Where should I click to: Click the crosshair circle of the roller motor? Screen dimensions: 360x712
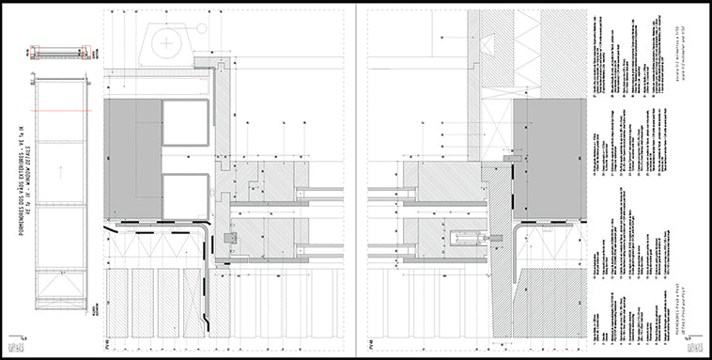(x=166, y=42)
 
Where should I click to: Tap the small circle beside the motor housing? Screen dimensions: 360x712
(x=199, y=29)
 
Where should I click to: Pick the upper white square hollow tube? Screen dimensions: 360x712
(x=185, y=121)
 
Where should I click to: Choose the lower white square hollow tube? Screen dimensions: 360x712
(x=185, y=196)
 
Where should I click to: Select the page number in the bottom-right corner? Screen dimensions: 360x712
(x=689, y=336)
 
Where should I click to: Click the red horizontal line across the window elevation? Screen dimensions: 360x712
(x=60, y=109)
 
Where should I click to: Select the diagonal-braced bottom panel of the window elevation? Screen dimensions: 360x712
(x=60, y=286)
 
